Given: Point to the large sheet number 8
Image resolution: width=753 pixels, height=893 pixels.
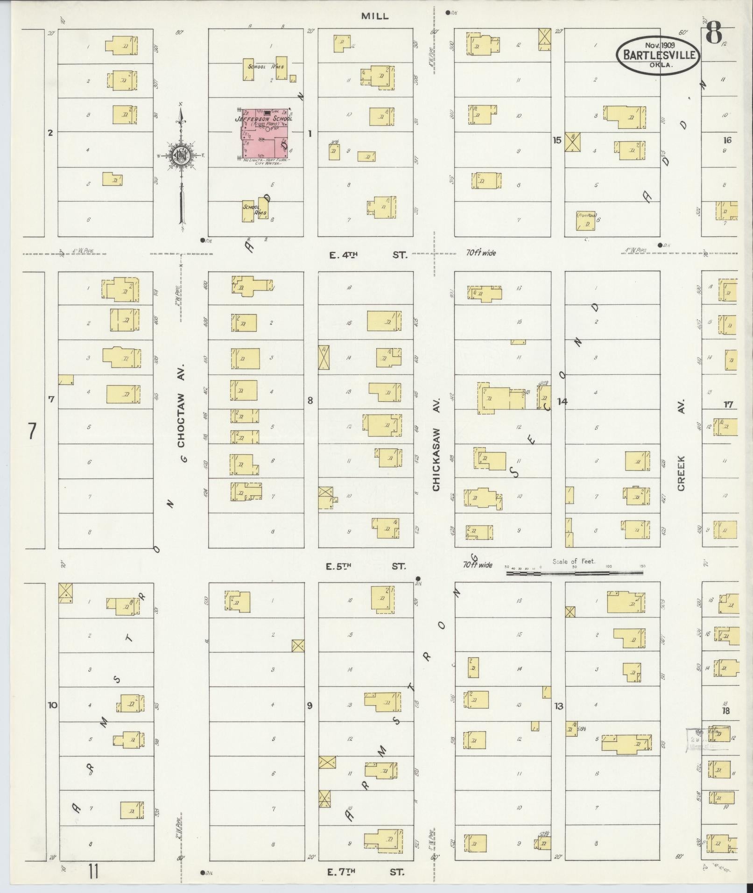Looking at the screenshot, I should coord(713,33).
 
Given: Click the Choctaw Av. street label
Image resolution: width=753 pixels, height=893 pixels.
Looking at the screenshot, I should coord(181,413).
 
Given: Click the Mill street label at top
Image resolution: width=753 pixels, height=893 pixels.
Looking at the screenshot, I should coord(374,16).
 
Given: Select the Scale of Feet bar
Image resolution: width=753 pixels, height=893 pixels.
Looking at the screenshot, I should coord(577,571).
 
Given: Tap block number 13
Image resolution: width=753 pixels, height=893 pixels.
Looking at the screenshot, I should coord(558,706).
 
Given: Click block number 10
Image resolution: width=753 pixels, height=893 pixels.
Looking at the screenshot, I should coord(52,705).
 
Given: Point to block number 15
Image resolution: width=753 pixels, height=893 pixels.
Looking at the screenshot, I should coord(556,140).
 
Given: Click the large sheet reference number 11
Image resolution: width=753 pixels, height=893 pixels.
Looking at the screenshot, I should coord(93,872).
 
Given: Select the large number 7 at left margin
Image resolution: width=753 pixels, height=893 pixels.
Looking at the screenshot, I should coord(31,431).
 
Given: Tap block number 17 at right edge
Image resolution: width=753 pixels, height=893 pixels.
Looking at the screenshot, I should coord(728,405).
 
